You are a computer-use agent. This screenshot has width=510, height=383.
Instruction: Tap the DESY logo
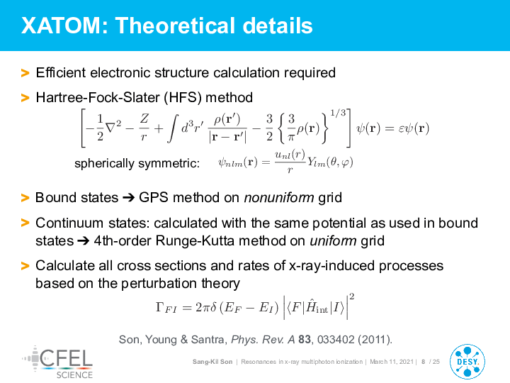point(467,362)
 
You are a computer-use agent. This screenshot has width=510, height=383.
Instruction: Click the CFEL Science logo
point(57,362)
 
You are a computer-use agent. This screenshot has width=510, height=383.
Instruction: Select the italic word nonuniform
point(279,198)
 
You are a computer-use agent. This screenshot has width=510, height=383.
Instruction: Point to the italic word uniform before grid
point(333,241)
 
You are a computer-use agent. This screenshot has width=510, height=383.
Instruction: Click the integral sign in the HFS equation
point(174,128)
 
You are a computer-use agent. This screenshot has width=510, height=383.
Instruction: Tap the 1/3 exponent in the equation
point(338,113)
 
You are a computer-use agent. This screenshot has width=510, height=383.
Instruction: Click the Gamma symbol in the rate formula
point(160,307)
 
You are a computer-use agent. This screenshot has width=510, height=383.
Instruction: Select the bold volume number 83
point(305,339)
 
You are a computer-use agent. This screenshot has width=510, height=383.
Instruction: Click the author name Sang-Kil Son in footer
point(212,362)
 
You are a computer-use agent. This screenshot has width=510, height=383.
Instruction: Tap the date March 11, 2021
point(392,362)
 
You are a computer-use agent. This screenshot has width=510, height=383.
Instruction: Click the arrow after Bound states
point(128,198)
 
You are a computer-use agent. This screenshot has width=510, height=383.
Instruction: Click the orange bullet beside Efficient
point(25,73)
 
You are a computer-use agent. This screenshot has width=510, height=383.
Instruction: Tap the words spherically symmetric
point(137,163)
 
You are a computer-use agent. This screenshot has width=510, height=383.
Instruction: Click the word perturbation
point(159,283)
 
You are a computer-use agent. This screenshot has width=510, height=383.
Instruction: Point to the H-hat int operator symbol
point(317,306)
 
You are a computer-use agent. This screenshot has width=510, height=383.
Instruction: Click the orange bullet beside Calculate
point(25,266)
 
